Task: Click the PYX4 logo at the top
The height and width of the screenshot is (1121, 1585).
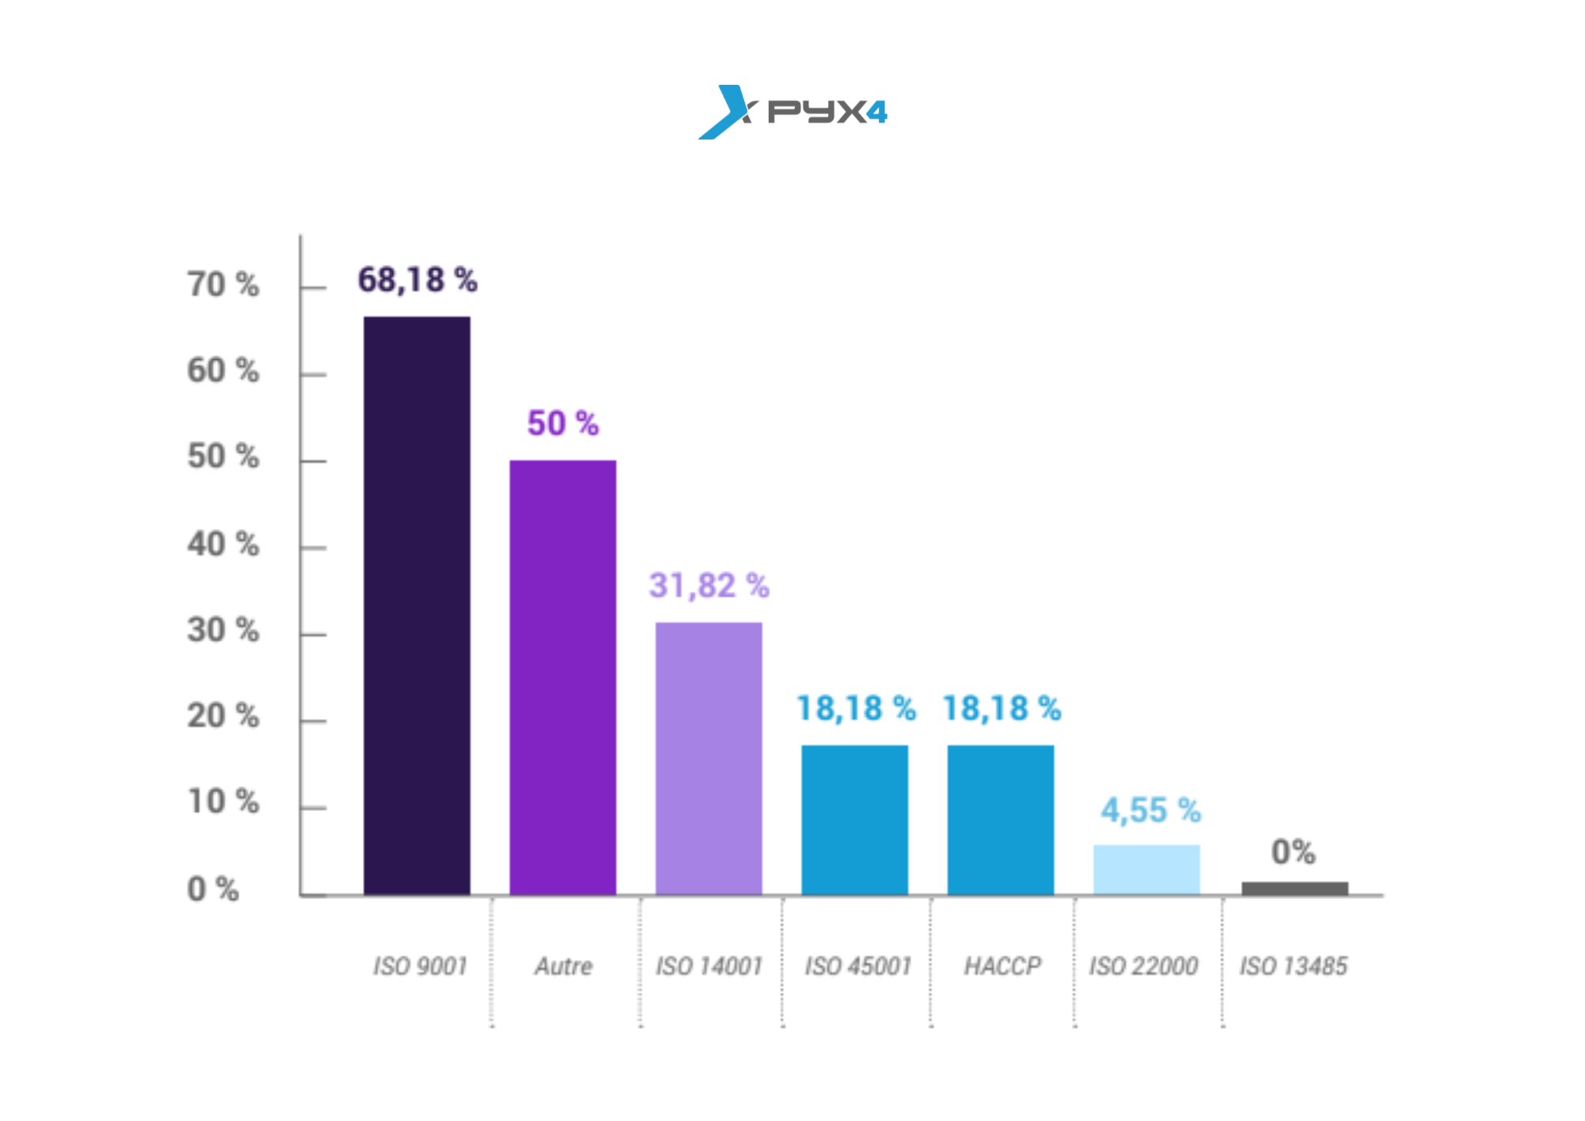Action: tap(792, 112)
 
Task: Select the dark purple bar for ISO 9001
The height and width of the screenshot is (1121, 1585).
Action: tap(417, 606)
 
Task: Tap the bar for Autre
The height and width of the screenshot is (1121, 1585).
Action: tap(563, 677)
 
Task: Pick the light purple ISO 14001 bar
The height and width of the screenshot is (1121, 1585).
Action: tap(708, 758)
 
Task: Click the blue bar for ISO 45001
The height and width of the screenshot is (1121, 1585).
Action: tap(854, 820)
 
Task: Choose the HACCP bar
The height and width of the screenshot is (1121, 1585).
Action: tap(1000, 820)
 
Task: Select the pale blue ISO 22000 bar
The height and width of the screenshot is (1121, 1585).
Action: tap(1146, 870)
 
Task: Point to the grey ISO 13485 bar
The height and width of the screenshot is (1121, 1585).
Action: tap(1294, 888)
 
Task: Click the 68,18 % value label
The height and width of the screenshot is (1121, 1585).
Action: tap(417, 280)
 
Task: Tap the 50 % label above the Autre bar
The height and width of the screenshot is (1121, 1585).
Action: tap(563, 423)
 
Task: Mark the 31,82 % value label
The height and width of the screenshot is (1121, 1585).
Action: tap(708, 586)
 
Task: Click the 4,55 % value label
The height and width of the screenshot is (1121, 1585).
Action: tap(1150, 810)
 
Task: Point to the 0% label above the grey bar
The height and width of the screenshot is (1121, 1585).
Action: tap(1293, 852)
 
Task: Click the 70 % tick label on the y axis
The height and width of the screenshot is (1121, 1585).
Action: tap(223, 285)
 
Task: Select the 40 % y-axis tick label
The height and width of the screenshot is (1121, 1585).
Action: tap(223, 545)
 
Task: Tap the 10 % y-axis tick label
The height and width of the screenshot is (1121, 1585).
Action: tap(223, 802)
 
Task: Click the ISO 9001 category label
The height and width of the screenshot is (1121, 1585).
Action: tap(420, 966)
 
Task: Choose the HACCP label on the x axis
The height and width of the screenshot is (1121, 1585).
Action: tap(1003, 966)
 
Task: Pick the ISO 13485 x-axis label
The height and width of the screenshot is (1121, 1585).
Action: tap(1293, 966)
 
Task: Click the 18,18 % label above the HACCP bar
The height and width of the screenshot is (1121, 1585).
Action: tap(1001, 709)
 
